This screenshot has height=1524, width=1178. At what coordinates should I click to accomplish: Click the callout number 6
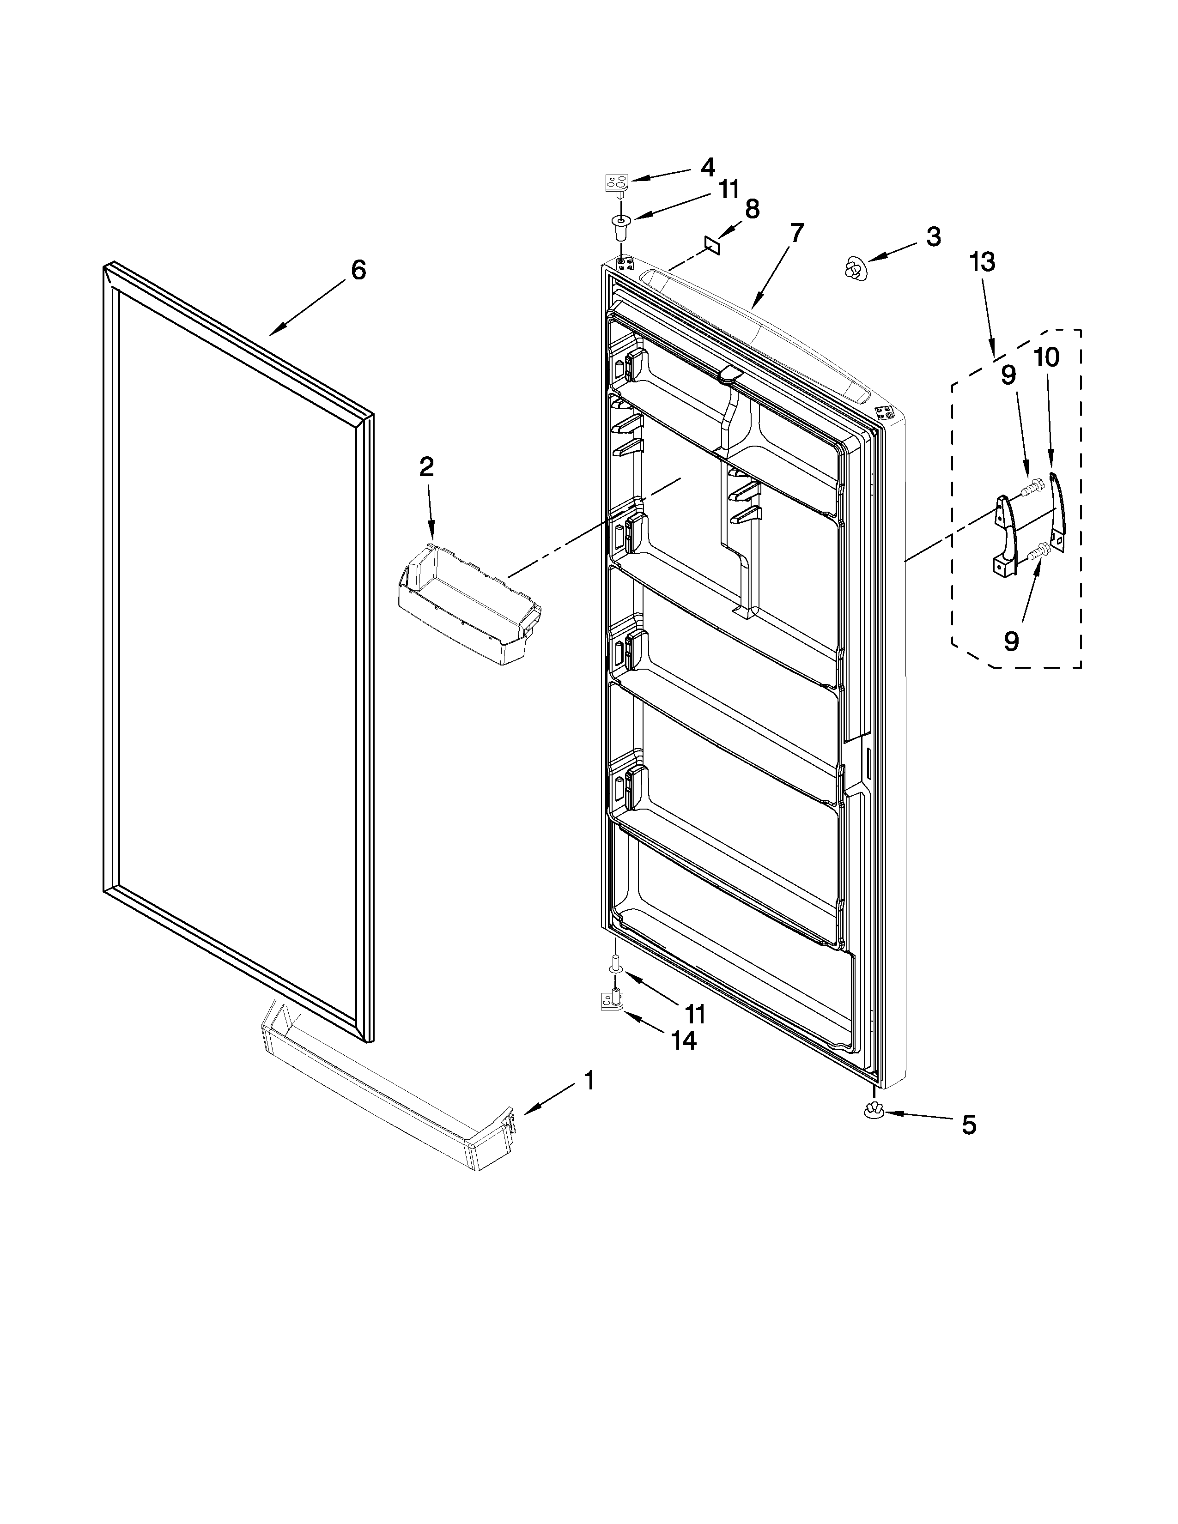click(358, 270)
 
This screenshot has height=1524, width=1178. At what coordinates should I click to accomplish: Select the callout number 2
click(426, 467)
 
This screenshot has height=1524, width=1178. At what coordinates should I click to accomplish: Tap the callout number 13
click(982, 263)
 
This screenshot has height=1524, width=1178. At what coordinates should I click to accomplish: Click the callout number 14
click(683, 1061)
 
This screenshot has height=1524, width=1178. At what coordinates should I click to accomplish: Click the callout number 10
click(1046, 357)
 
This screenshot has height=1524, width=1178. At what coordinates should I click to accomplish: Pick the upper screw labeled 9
click(1032, 486)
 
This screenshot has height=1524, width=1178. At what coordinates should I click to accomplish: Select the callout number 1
click(589, 1081)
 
